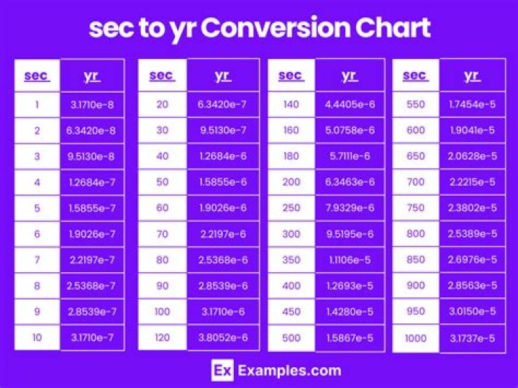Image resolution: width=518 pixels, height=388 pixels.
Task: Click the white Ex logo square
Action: point(222,371)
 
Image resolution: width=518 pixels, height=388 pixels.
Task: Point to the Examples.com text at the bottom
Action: point(288,371)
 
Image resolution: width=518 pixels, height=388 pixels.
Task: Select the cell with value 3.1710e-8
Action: point(91,105)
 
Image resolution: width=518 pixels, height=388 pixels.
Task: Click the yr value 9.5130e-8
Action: point(91,157)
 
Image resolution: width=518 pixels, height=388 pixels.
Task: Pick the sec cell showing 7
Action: point(37,260)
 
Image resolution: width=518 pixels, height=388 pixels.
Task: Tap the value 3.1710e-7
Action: point(91,338)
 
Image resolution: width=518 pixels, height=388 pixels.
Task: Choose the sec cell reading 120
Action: point(162,338)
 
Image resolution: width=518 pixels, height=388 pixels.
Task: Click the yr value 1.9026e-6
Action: point(222,208)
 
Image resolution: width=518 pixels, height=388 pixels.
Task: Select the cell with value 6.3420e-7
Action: point(222,105)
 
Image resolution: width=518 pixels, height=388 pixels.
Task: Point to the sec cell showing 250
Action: point(291,208)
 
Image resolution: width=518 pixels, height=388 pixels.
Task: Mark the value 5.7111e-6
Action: point(350,156)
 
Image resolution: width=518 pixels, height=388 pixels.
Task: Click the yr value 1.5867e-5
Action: point(350,338)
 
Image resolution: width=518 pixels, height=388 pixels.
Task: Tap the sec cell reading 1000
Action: point(416,338)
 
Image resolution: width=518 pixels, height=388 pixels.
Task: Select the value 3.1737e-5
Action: point(472,338)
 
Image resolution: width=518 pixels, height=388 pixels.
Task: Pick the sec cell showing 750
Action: point(416,208)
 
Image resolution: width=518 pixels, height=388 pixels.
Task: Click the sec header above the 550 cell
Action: point(415,76)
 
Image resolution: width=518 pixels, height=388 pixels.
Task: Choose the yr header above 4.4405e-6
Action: point(349,76)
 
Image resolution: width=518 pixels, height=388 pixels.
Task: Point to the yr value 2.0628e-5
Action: point(472,156)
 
